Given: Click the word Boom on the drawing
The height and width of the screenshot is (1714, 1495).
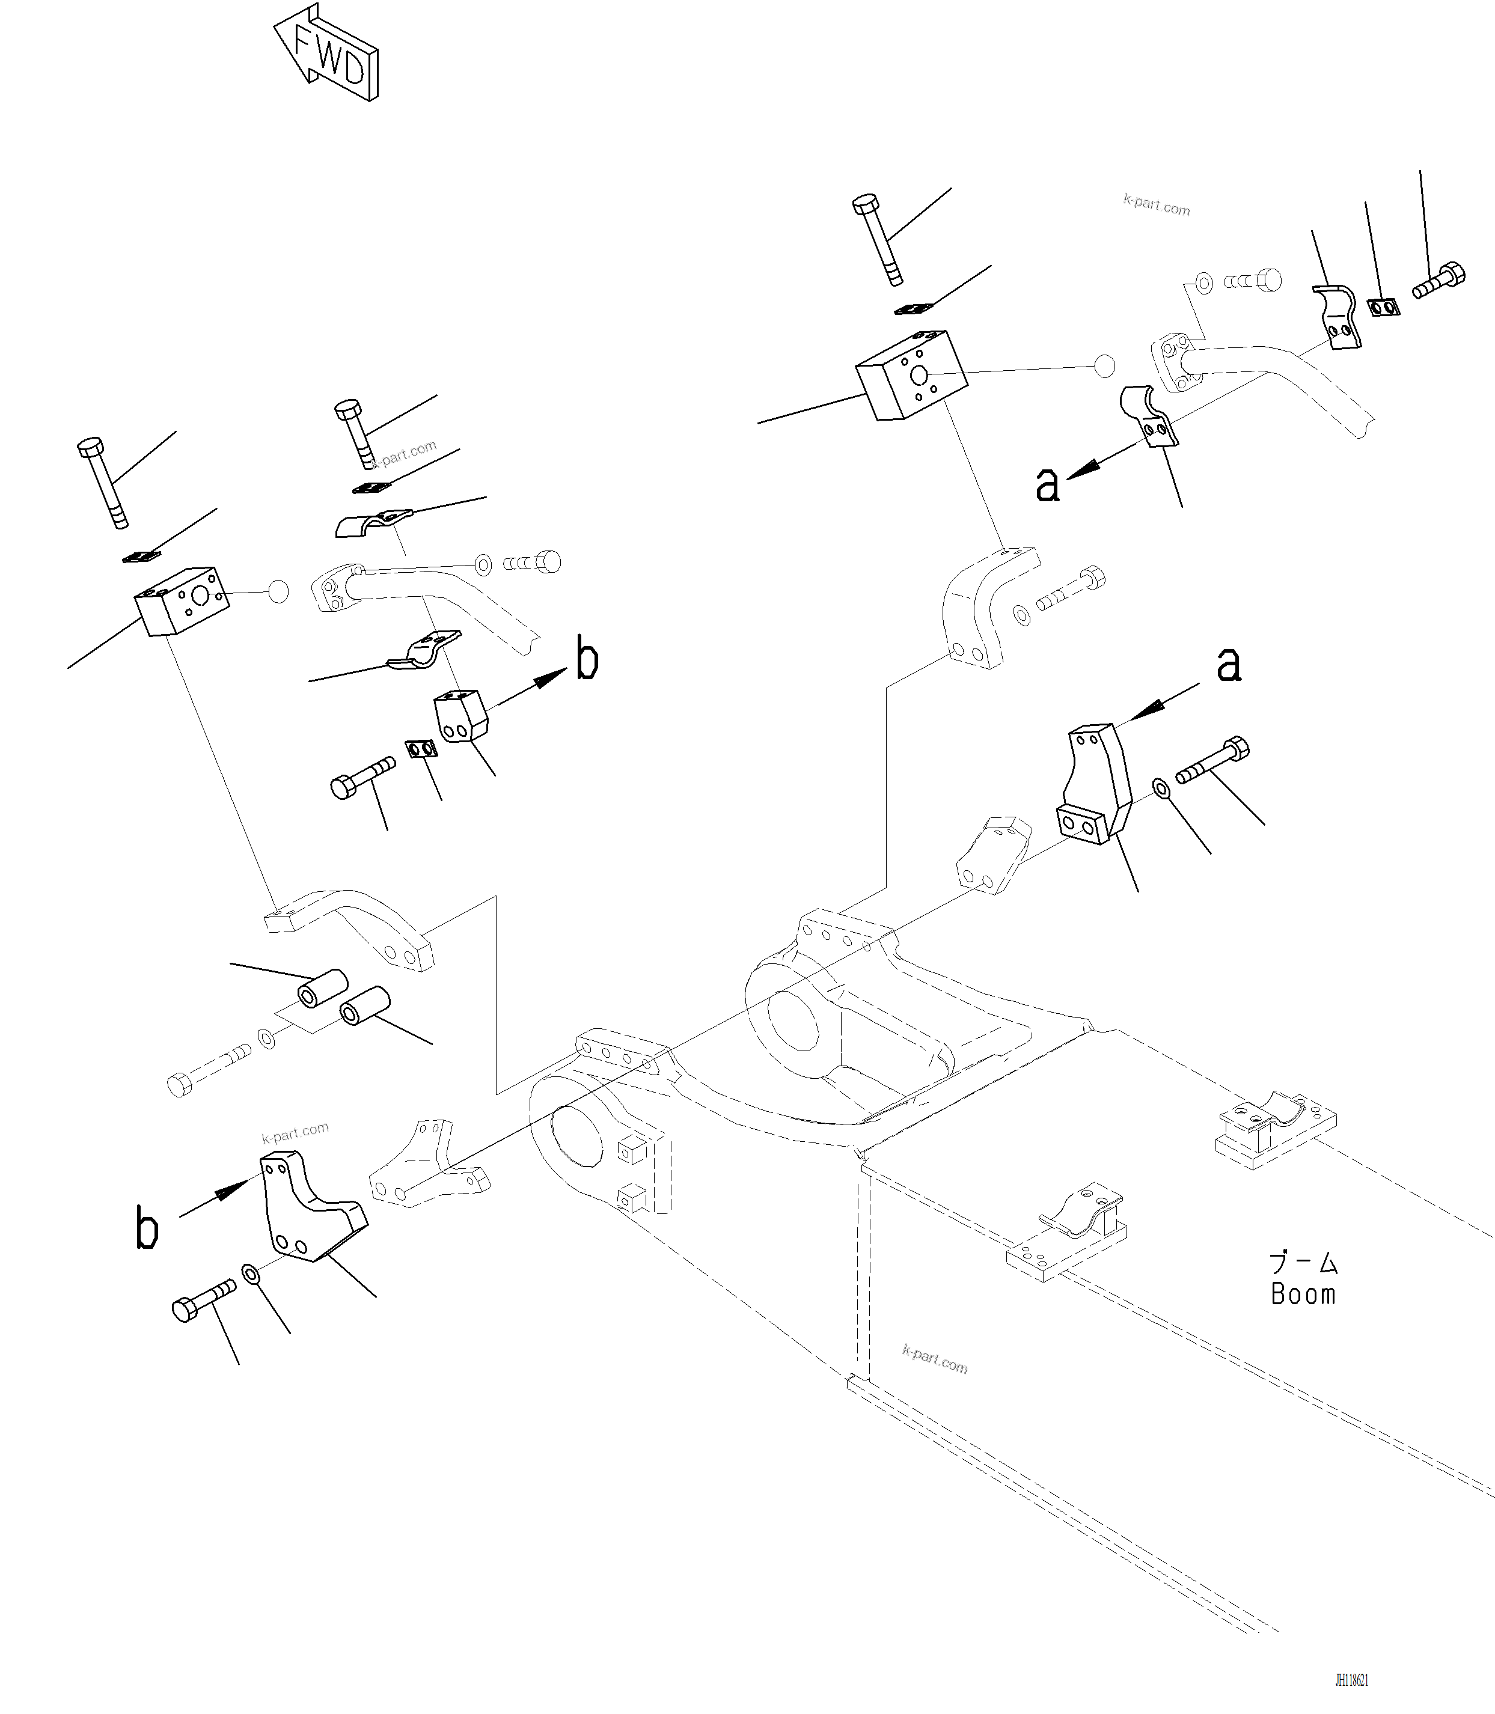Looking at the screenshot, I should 1303,1294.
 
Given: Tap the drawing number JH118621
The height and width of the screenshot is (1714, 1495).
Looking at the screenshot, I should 1351,1680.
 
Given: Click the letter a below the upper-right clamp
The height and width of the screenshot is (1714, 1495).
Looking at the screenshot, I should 1047,484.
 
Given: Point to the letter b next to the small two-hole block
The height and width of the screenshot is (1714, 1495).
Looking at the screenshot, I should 587,662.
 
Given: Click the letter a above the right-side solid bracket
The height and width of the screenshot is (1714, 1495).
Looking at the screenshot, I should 1229,665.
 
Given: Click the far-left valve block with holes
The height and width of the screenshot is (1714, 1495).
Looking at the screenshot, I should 182,600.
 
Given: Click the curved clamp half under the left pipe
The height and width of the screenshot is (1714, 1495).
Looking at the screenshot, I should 424,650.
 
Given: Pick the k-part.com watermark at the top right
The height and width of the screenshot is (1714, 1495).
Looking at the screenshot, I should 1157,204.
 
